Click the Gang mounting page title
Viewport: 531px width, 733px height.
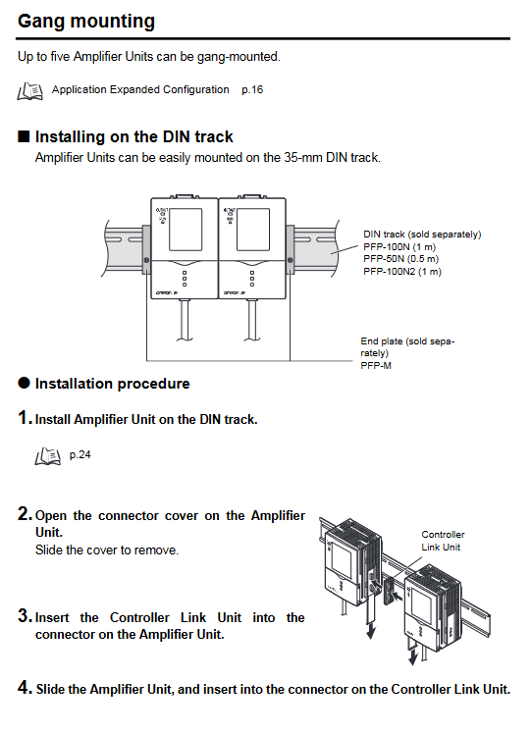tap(86, 22)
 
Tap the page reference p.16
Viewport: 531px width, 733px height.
tap(252, 89)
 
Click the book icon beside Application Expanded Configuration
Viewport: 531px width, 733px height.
tap(30, 90)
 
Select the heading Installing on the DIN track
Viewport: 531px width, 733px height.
tap(134, 137)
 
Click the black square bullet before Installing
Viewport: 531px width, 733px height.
tap(24, 136)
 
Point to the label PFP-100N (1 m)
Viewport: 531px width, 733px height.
tap(399, 247)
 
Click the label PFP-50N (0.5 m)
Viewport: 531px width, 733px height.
tap(401, 259)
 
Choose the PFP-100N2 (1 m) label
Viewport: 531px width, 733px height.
tap(402, 272)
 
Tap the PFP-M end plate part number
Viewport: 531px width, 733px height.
tap(376, 366)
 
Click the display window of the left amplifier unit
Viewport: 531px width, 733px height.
tap(186, 230)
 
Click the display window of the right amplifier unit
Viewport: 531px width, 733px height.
tap(253, 230)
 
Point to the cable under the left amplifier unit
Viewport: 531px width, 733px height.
tap(186, 320)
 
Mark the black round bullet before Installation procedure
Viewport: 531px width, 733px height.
tap(24, 383)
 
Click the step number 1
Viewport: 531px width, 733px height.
tap(25, 417)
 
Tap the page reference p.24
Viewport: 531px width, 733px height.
tap(80, 455)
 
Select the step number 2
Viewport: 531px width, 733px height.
tap(25, 514)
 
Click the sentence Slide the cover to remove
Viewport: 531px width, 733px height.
tap(107, 550)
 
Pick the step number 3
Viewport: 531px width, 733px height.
tap(25, 615)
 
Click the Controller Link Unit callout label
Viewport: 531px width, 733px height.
tap(443, 541)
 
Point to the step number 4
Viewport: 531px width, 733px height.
tap(25, 688)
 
